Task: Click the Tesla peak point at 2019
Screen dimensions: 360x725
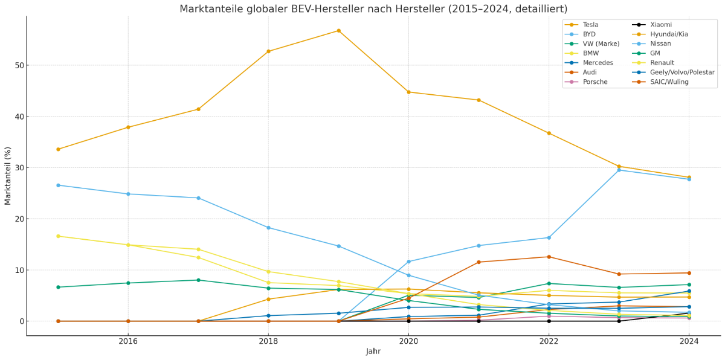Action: pyautogui.click(x=338, y=31)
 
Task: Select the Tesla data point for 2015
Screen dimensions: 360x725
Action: pyautogui.click(x=58, y=149)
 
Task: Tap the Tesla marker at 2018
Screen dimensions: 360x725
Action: pyautogui.click(x=268, y=51)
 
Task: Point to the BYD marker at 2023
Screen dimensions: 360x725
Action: pyautogui.click(x=619, y=170)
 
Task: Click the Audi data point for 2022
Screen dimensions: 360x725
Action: pyautogui.click(x=549, y=257)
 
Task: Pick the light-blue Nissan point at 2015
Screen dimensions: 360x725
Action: pyautogui.click(x=58, y=185)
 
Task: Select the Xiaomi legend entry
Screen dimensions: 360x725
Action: pyautogui.click(x=660, y=25)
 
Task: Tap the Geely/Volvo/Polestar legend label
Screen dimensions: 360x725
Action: pyautogui.click(x=682, y=72)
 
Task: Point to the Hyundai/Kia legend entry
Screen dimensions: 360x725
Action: pyautogui.click(x=669, y=34)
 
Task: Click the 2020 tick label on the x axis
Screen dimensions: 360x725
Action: pyautogui.click(x=408, y=342)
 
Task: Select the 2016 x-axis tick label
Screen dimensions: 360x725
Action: pyautogui.click(x=128, y=342)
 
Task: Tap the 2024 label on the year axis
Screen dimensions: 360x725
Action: pyautogui.click(x=689, y=342)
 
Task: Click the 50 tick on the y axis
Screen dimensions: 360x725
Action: pyautogui.click(x=16, y=65)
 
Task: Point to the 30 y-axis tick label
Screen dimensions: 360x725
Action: pyautogui.click(x=16, y=168)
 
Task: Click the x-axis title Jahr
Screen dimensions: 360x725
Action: pyautogui.click(x=373, y=352)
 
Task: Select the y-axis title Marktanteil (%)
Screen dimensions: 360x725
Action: pyautogui.click(x=8, y=175)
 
